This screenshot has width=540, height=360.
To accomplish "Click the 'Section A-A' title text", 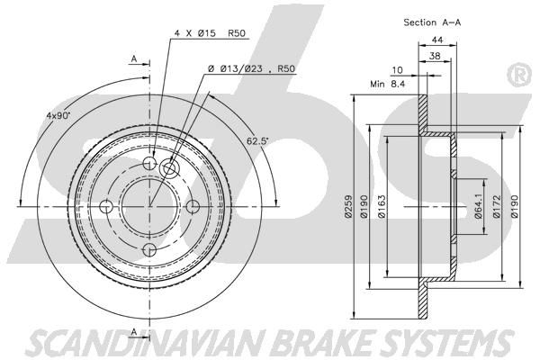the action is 432,22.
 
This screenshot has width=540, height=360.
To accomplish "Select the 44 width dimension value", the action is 437,40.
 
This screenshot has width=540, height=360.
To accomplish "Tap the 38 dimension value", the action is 435,56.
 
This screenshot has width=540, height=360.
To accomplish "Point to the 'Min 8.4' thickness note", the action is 387,84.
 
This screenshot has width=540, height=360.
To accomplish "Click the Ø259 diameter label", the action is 348,207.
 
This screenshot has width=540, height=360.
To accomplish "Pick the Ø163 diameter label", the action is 382,207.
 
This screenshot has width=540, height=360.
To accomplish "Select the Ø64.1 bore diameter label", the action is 478,207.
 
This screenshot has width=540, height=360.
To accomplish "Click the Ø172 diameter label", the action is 496,207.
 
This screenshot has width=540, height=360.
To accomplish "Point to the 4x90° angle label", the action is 58,115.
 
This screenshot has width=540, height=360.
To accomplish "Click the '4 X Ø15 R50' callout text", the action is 210,33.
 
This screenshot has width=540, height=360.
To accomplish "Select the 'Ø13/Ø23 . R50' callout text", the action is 252,69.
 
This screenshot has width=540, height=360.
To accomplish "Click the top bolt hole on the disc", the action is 149,163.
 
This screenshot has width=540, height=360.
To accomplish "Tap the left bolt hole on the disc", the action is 106,206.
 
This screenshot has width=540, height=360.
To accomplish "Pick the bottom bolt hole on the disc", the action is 149,250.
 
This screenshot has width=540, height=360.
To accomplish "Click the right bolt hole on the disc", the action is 193,206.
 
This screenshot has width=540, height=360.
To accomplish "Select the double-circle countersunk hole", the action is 169,168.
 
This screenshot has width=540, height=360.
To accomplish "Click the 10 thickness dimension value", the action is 397,70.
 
